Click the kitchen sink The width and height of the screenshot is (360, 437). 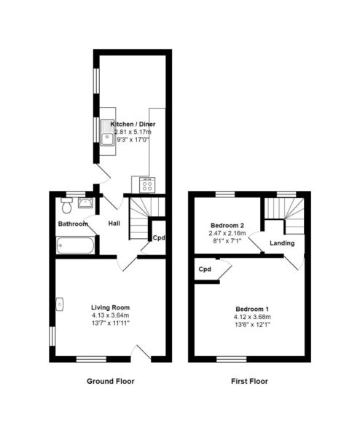tap(107, 133)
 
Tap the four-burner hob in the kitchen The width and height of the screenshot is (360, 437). tap(147, 184)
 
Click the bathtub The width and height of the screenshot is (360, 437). tap(75, 245)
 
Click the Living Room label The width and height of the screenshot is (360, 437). tap(111, 307)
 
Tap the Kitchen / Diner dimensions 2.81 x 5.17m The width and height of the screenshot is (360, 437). tap(133, 132)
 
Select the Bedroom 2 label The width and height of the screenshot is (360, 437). tap(227, 225)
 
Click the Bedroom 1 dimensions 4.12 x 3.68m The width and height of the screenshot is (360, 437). tap(252, 317)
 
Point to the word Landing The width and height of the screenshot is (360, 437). tap(282, 243)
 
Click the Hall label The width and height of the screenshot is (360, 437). tap(114, 224)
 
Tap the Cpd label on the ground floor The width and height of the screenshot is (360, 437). tap(159, 237)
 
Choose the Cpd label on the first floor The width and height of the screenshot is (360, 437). tap(205, 269)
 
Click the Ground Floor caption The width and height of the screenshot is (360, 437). tap(111, 381)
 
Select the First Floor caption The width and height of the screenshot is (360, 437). tap(249, 381)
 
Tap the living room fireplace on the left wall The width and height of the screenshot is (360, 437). tap(60, 304)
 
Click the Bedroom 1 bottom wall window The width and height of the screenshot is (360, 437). tap(232, 359)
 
